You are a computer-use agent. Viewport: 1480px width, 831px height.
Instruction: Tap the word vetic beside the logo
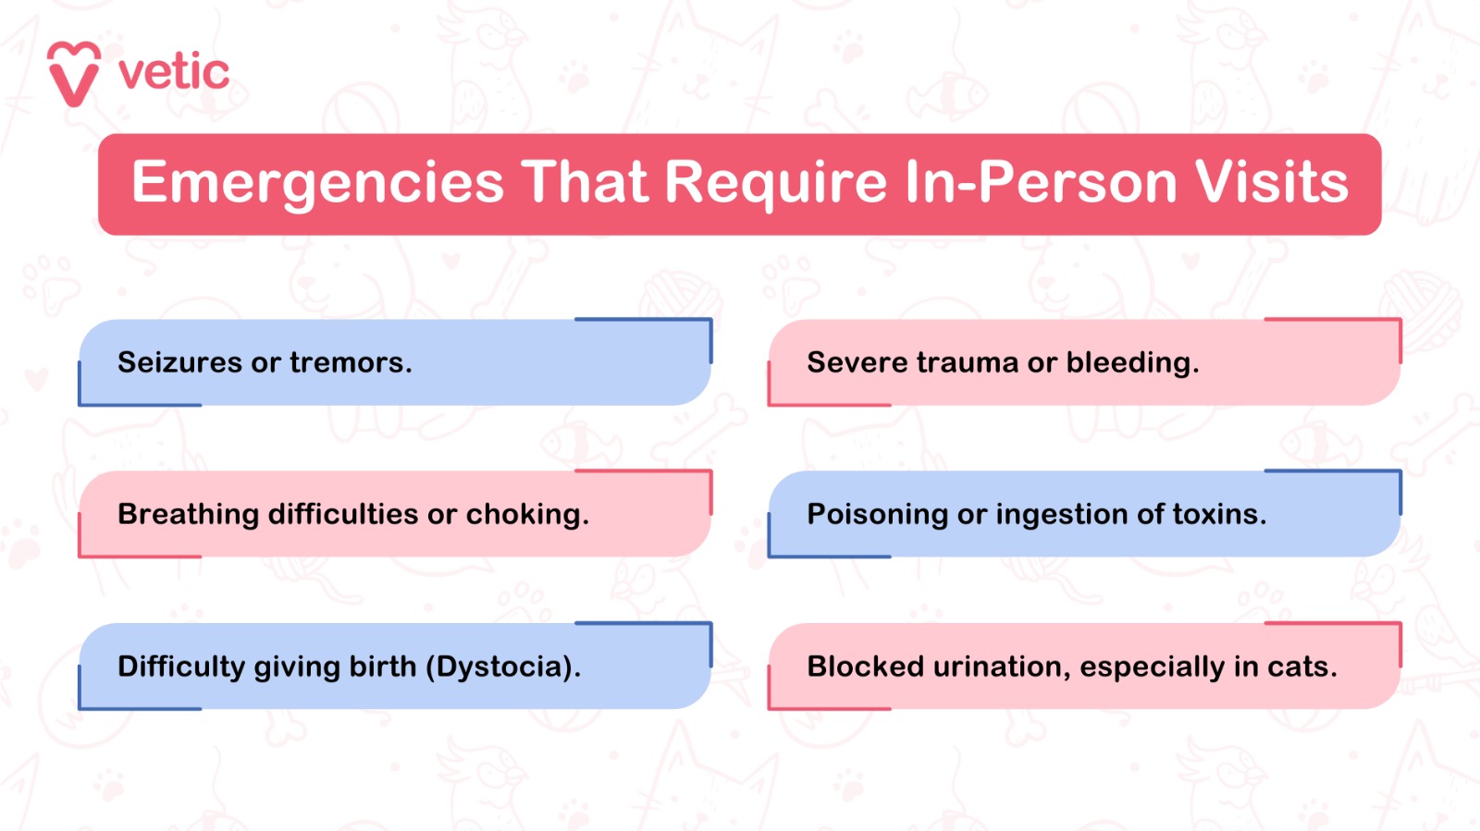[174, 73]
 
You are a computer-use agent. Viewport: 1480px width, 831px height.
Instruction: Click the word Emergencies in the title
[317, 182]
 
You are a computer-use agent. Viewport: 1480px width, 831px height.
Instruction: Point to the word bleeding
[1132, 362]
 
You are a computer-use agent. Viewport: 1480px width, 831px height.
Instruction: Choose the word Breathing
[188, 514]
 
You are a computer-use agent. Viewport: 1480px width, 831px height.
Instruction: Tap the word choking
[526, 514]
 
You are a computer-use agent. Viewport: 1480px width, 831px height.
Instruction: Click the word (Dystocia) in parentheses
[503, 666]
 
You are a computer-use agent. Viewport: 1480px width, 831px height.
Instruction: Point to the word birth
[382, 666]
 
